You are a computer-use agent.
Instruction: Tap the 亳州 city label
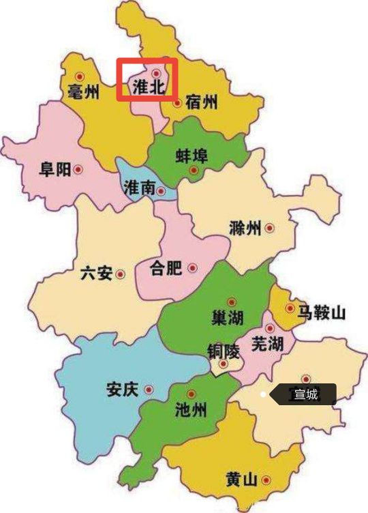pos(83,91)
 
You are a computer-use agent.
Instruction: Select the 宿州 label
pos(202,103)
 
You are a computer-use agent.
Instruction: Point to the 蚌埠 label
pos(191,156)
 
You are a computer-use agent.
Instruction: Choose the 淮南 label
pos(140,188)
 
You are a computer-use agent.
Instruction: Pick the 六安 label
pos(95,274)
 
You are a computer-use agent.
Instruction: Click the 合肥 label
pos(166,268)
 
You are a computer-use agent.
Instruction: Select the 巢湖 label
pos(227,318)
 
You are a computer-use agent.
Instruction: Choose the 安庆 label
pos(122,390)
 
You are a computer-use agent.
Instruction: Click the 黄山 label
pos(241,480)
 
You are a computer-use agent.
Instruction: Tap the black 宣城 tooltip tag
pos(303,394)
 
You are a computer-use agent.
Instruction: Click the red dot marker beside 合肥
pos(193,267)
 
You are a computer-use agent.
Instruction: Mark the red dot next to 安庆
pos(149,390)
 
